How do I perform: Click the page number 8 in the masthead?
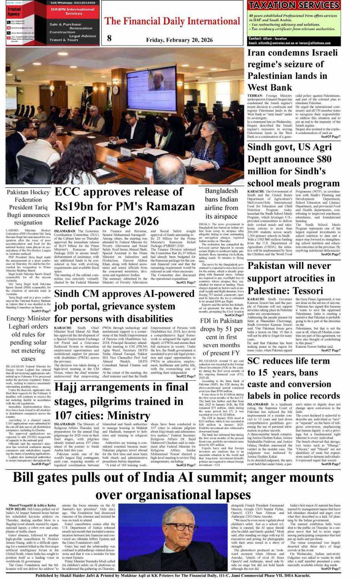coord(109,38)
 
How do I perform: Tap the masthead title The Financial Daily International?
coord(173,21)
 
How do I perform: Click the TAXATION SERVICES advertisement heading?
coord(293,5)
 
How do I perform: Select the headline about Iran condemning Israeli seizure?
coord(293,70)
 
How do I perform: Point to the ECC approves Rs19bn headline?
coord(125,206)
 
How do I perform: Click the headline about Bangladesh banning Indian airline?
coord(221,203)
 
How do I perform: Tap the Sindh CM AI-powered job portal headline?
coord(124,306)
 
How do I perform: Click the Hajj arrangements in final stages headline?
coord(121,401)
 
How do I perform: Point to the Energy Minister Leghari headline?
coord(28,338)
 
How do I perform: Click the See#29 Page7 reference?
coord(330,568)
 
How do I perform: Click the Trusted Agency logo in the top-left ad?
coord(14,12)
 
